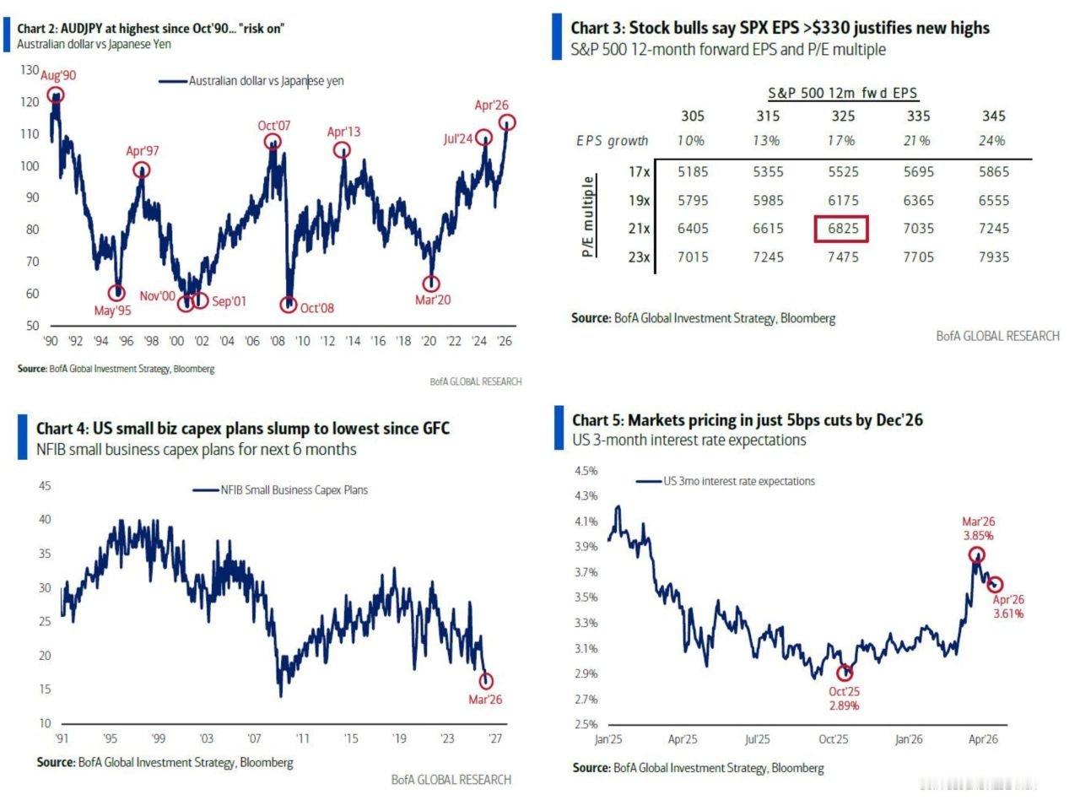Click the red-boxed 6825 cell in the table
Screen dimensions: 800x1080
click(x=841, y=229)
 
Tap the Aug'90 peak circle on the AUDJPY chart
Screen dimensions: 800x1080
click(x=56, y=95)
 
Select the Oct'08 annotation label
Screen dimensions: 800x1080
click(x=317, y=308)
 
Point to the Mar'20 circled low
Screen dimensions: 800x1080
click(x=432, y=284)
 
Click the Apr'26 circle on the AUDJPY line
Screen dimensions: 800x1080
click(x=506, y=123)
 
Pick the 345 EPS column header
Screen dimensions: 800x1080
click(x=994, y=116)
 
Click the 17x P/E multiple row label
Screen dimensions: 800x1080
click(x=639, y=172)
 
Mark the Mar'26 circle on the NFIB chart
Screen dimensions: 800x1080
click(x=486, y=681)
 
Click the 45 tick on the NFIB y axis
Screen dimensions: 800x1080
click(x=46, y=486)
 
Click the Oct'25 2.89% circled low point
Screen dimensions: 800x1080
click(x=845, y=673)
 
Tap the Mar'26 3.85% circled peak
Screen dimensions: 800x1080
click(x=976, y=554)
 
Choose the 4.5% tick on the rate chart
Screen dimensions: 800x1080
click(x=586, y=470)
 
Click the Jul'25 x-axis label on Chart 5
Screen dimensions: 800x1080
click(x=758, y=739)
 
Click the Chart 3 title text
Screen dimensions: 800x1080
click(x=780, y=28)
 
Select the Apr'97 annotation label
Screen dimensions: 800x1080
click(x=143, y=152)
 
